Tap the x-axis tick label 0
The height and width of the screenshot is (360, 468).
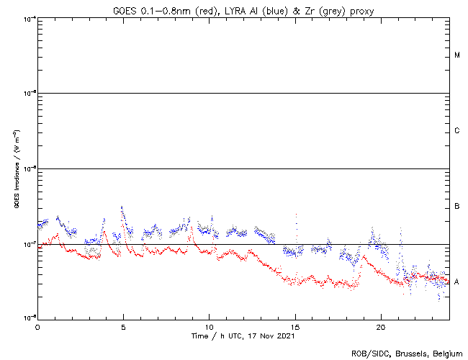pyautogui.click(x=37, y=326)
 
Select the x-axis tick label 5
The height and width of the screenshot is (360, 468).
pyautogui.click(x=123, y=326)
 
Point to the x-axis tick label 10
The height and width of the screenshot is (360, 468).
pyautogui.click(x=209, y=326)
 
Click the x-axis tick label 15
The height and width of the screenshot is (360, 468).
pyautogui.click(x=294, y=326)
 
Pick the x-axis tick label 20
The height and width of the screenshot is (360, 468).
pyautogui.click(x=380, y=326)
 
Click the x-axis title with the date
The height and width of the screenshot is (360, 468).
pyautogui.click(x=243, y=336)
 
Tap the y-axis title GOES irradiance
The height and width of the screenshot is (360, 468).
pyautogui.click(x=16, y=169)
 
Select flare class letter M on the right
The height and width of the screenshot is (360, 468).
pyautogui.click(x=457, y=55)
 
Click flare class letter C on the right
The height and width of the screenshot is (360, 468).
pyautogui.click(x=457, y=131)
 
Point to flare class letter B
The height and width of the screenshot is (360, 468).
pyautogui.click(x=457, y=207)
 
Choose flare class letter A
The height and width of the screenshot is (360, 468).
pyautogui.click(x=457, y=282)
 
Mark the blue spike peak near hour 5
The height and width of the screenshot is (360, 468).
pyautogui.click(x=122, y=207)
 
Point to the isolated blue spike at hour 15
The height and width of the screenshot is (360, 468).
pyautogui.click(x=296, y=215)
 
